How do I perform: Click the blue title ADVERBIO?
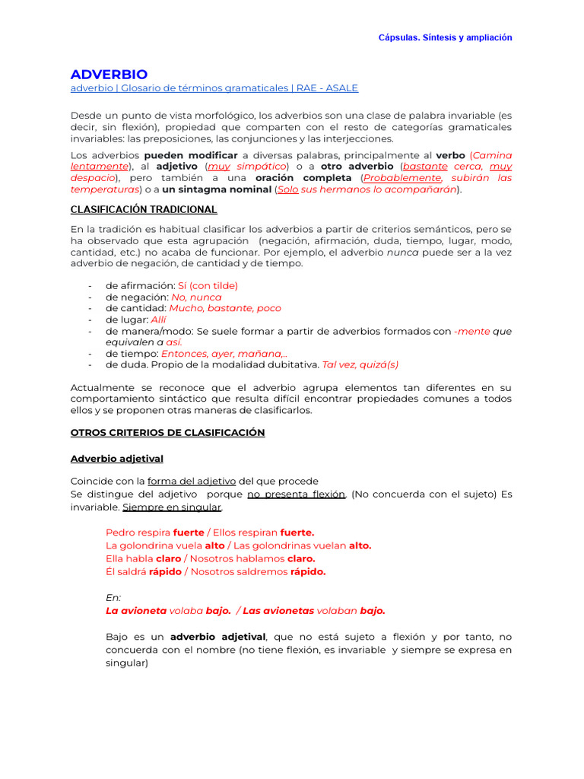point(109,74)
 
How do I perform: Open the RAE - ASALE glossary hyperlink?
point(214,88)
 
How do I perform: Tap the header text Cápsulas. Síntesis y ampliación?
point(445,37)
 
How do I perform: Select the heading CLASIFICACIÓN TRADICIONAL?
point(144,209)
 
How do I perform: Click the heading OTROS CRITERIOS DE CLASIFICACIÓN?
point(167,432)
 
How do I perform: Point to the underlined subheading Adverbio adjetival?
point(116,459)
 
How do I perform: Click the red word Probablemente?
point(402,178)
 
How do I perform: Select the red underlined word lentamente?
point(99,166)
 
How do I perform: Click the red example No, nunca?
point(196,297)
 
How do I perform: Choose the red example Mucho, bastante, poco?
point(224,308)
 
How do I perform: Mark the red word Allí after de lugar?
point(158,320)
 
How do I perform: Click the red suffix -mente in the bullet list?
point(471,331)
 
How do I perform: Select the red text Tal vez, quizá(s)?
point(360,364)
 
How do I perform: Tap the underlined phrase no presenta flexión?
point(297,494)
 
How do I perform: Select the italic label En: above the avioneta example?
point(113,598)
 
